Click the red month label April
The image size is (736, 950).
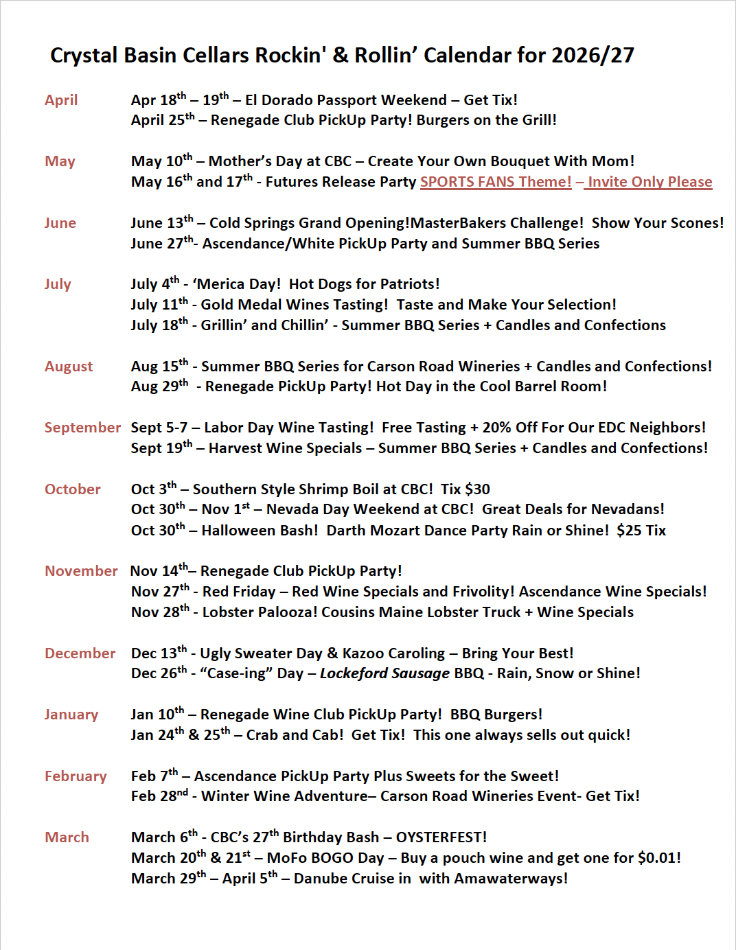tap(61, 100)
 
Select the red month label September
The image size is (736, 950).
tap(82, 428)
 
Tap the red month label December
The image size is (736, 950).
tap(80, 653)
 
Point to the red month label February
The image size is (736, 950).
tap(76, 776)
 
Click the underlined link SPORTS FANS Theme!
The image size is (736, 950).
tap(496, 182)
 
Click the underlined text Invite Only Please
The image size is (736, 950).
tap(649, 182)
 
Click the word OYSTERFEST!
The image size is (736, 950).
tap(441, 837)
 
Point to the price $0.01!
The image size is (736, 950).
tap(659, 858)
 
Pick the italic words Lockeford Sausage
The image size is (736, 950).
tap(384, 673)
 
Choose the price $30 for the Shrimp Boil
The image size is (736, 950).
tap(477, 489)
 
